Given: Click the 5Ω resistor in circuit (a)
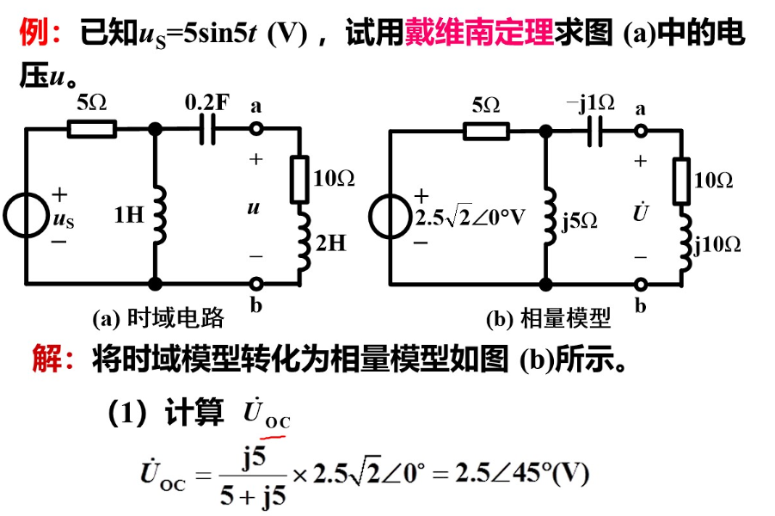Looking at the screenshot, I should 91,129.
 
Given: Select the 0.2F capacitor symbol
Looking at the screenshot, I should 206,129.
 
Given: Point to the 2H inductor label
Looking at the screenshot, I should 330,243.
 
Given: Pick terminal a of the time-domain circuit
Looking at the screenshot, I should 255,129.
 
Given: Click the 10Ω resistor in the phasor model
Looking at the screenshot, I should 684,179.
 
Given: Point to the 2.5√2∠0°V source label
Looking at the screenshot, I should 469,217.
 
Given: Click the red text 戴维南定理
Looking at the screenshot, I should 478,35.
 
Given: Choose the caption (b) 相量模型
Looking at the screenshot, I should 548,319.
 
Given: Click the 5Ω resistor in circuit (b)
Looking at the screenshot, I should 486,131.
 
